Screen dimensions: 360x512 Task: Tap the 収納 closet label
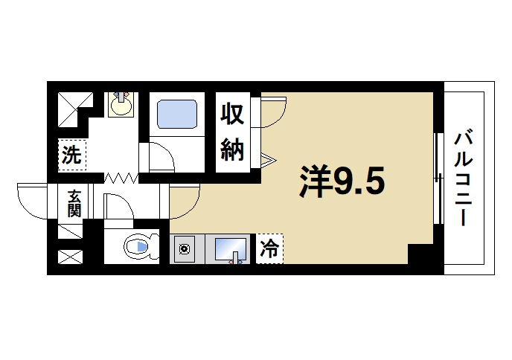[232, 133]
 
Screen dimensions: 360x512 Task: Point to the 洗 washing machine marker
[71, 155]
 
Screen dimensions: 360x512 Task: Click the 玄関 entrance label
[75, 202]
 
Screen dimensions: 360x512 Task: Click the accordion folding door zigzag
[121, 179]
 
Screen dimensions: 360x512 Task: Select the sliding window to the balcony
[438, 179]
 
